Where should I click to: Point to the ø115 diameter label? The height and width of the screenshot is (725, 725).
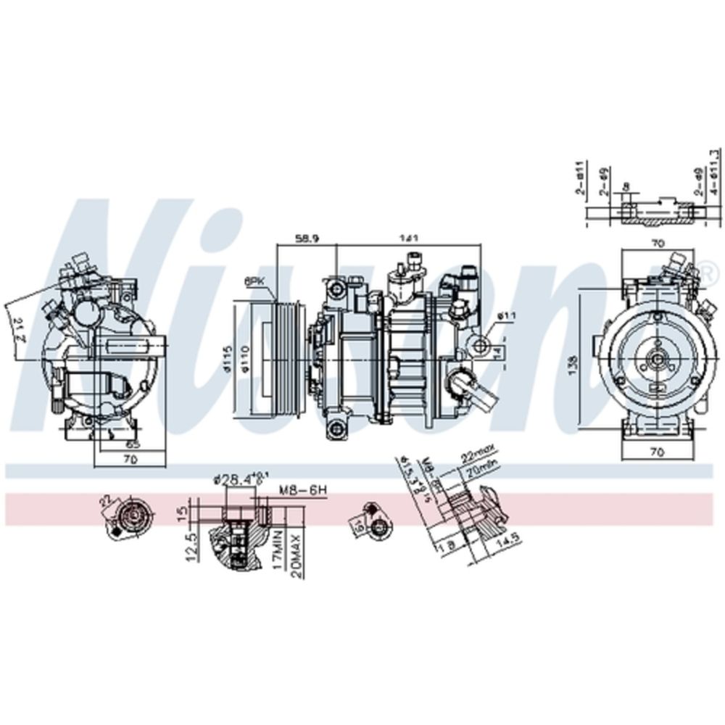click(228, 360)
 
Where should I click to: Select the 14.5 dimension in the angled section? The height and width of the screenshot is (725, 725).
click(507, 542)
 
